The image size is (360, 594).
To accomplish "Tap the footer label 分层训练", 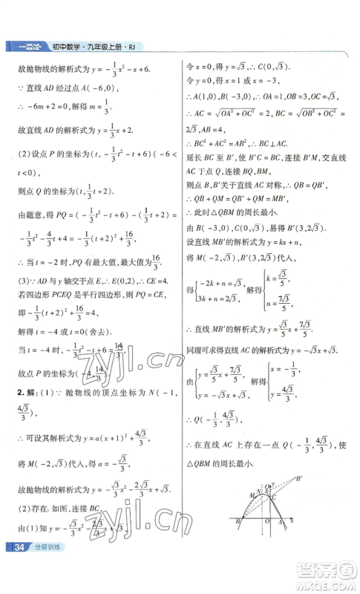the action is (44, 571).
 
